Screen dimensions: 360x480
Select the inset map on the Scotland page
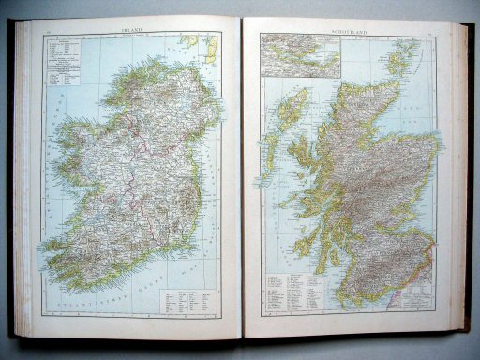[x=300, y=55]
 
